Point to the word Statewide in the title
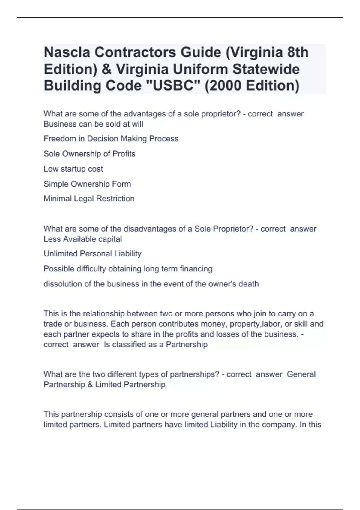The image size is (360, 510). point(266,69)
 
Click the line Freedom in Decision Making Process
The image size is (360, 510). point(111,139)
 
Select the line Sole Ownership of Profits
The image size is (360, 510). point(89,154)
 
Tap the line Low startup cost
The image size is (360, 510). point(73,169)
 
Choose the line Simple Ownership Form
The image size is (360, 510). point(87,184)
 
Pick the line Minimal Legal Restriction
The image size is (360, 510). point(89,199)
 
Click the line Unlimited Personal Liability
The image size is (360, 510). point(92,254)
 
